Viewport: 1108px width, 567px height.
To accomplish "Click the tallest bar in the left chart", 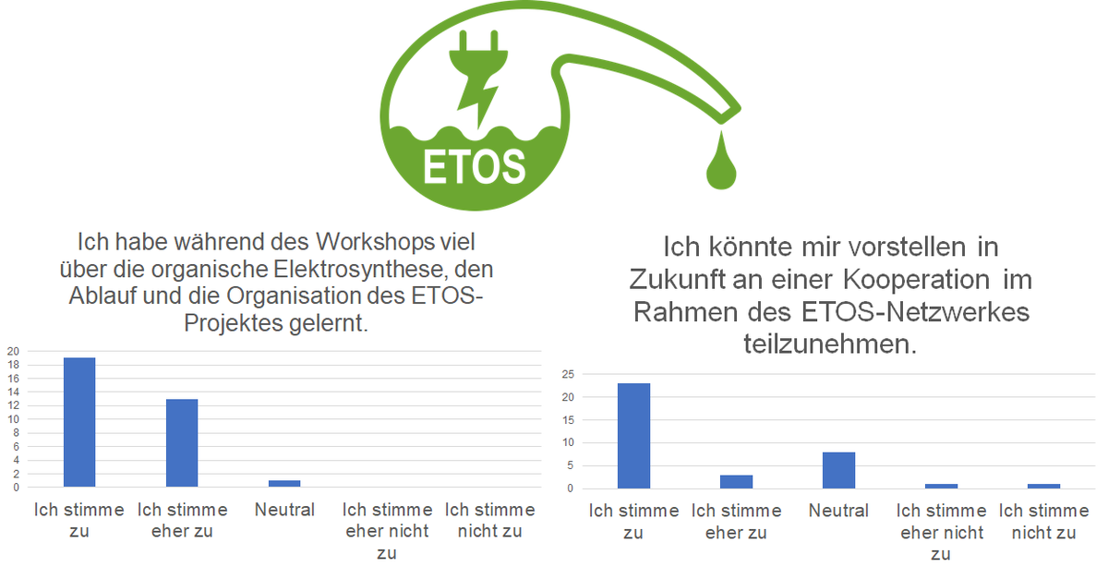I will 79,421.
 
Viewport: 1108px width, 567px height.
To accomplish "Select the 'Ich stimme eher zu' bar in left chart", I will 182,442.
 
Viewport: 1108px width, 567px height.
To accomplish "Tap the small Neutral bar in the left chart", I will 284,483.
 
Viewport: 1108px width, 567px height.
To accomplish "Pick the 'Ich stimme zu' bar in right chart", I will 633,435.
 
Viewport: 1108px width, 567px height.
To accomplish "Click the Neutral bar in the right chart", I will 838,470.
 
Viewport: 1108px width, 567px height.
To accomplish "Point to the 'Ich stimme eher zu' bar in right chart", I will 736,481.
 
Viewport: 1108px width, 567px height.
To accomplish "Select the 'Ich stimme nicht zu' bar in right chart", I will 1043,486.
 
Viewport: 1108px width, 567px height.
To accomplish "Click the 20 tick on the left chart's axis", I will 12,351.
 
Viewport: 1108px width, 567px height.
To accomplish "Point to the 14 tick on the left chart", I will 12,392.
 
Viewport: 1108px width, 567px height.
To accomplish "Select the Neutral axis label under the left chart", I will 284,510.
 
